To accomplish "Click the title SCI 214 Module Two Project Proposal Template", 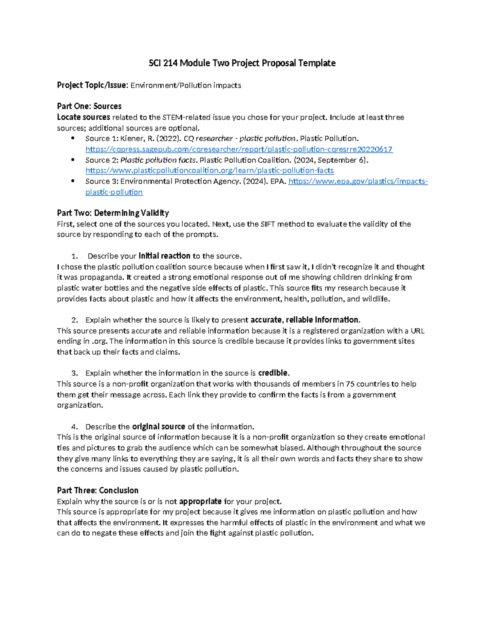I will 242,63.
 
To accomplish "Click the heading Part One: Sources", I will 89,106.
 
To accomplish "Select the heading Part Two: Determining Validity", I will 113,213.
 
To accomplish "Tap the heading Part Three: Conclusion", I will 97,491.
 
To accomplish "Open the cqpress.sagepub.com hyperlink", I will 239,149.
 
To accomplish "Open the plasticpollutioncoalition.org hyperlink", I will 209,171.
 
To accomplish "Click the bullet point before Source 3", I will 73,181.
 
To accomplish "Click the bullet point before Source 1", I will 73,138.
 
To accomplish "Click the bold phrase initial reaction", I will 164,256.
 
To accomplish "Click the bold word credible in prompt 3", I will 273,373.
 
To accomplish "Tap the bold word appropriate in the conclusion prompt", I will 200,501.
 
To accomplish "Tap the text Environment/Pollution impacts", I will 186,85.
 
